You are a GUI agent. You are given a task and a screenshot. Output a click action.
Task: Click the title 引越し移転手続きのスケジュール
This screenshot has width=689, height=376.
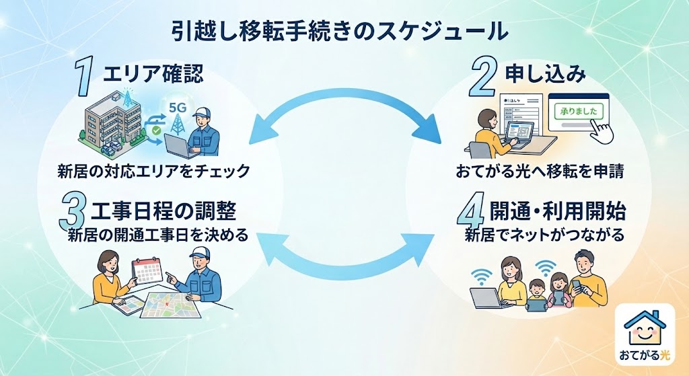click(x=339, y=32)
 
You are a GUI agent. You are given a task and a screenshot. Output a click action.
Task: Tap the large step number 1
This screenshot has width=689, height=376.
click(x=84, y=77)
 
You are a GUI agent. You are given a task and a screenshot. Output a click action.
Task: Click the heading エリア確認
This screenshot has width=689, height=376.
click(x=153, y=73)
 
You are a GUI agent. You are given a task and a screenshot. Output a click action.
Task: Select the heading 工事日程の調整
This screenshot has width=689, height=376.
click(x=163, y=211)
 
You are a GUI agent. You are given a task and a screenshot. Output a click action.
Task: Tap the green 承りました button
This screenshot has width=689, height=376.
click(x=579, y=112)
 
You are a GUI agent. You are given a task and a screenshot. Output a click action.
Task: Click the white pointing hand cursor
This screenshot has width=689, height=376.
click(x=602, y=130)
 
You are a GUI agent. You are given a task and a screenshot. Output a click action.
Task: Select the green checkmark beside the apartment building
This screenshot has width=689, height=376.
click(x=156, y=130)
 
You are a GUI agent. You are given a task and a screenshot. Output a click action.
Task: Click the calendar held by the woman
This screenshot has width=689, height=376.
click(x=147, y=270)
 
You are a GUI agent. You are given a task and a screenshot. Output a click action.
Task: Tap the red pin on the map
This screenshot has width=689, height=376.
click(x=167, y=304)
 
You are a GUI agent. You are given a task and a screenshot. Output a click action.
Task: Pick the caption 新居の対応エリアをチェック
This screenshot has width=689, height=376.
click(x=153, y=171)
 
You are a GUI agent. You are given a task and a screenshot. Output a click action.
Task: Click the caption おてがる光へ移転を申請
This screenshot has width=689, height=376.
click(x=540, y=171)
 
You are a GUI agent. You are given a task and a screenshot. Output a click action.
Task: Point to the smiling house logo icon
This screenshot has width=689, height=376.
click(x=645, y=328)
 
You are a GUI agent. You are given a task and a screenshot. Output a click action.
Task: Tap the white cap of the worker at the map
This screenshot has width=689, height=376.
click(x=200, y=252)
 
